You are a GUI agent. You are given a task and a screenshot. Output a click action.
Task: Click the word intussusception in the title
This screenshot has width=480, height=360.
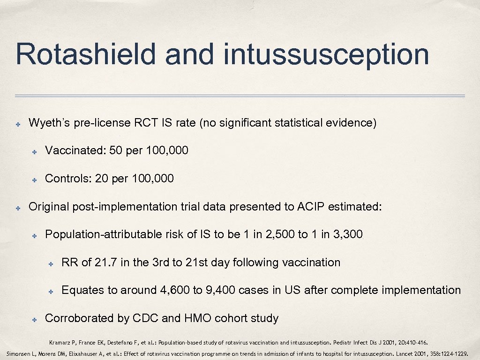pyautogui.click(x=326, y=54)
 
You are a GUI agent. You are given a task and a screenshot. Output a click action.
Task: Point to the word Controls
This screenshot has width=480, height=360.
pyautogui.click(x=66, y=179)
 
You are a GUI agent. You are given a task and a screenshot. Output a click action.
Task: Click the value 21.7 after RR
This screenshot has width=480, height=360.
pyautogui.click(x=106, y=262)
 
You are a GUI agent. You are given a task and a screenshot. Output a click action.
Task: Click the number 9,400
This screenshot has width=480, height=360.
pyautogui.click(x=219, y=290)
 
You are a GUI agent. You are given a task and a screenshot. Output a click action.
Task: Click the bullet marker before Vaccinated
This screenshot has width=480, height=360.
pyautogui.click(x=35, y=151)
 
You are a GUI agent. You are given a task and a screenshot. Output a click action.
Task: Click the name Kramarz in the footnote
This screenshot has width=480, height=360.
pyautogui.click(x=59, y=342)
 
